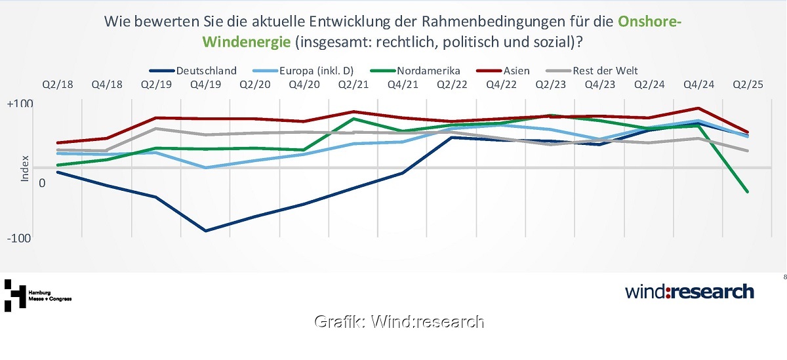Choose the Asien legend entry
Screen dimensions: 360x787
(515, 71)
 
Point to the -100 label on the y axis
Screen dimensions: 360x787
(20, 239)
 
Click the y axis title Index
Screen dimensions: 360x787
(25, 168)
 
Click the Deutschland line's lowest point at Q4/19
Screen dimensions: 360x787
(205, 231)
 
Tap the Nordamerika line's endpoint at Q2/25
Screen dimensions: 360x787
(747, 191)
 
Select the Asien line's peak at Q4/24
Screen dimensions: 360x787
(698, 108)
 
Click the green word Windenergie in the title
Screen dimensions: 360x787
(247, 42)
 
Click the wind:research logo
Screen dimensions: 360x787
(689, 291)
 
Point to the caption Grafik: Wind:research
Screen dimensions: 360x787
(399, 321)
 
